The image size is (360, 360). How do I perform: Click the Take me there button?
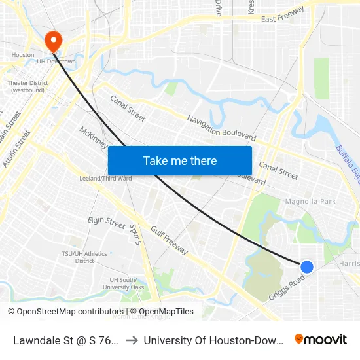click(x=180, y=160)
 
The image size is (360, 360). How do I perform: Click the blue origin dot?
click(x=306, y=266)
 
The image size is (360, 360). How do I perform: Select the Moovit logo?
click(x=320, y=339)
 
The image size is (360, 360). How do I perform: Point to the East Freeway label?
click(x=283, y=15)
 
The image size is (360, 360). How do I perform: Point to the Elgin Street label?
click(x=107, y=223)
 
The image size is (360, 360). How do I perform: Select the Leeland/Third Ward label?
click(x=105, y=178)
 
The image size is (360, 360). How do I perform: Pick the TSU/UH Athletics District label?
click(x=84, y=257)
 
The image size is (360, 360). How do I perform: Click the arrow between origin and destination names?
click(x=131, y=340)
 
